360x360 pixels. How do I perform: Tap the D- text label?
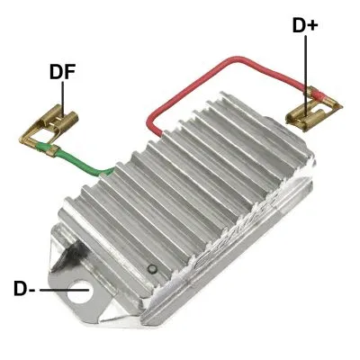[x=25, y=289]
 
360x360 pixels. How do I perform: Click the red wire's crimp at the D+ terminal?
[x=313, y=94]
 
